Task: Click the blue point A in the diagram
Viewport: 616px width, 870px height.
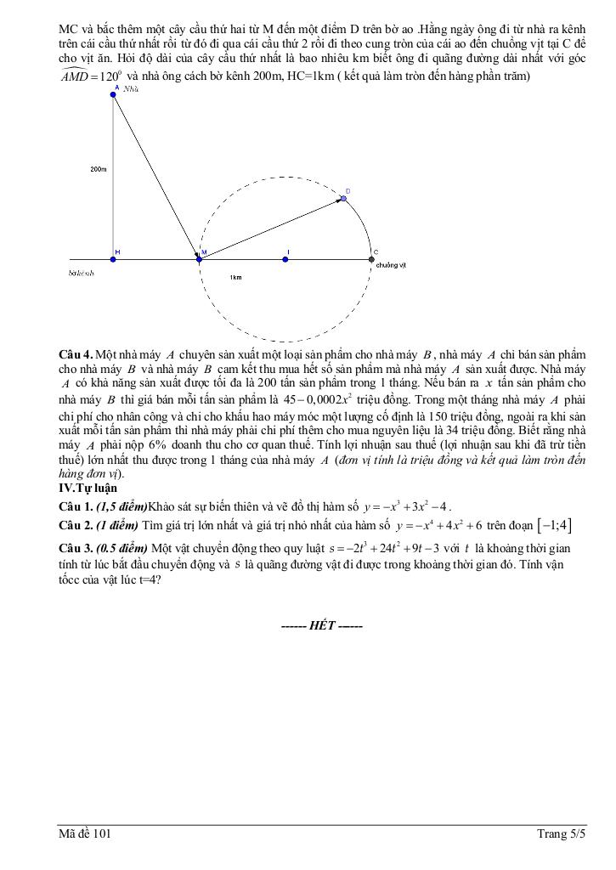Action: coord(113,95)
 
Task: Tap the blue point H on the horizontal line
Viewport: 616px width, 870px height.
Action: coord(113,259)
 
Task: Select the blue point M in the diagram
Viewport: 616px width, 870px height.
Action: coord(200,259)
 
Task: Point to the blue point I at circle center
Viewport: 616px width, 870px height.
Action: coord(285,259)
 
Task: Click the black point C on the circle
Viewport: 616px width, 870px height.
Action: coord(371,259)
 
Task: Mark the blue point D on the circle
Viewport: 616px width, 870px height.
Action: coord(344,199)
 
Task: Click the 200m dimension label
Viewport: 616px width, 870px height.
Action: coord(98,170)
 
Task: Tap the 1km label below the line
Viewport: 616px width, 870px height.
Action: coord(235,278)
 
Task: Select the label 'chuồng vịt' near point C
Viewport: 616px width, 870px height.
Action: coord(391,265)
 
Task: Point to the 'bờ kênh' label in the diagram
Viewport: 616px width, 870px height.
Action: coord(82,274)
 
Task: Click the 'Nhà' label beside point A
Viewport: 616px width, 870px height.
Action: coord(131,88)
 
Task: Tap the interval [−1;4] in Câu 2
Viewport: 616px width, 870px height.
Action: coord(553,526)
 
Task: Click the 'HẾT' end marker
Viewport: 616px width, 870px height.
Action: coord(322,626)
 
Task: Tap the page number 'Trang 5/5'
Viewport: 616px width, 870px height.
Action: coord(561,834)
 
